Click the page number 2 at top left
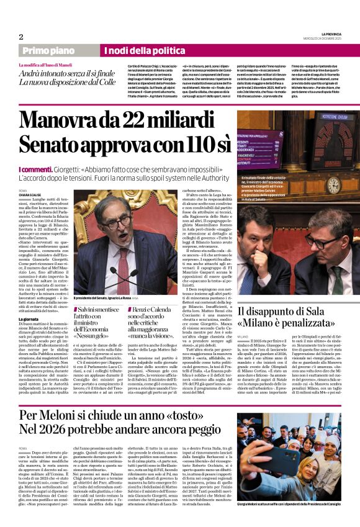click(21, 37)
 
